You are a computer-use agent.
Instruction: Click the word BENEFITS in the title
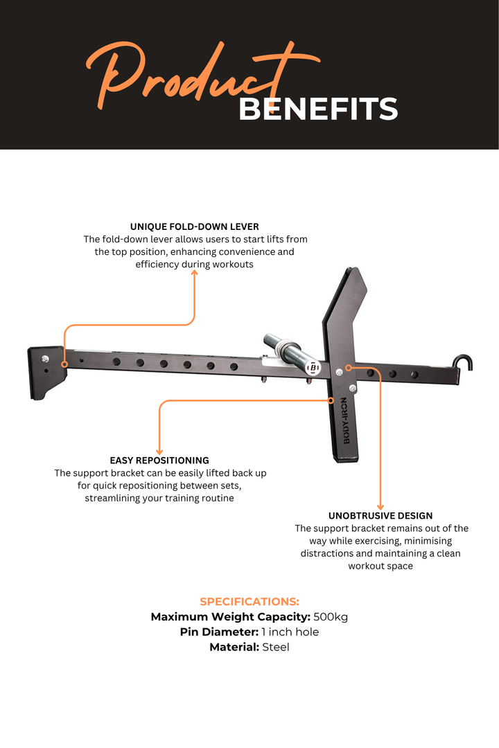point(318,109)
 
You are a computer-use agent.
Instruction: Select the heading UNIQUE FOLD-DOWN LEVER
point(194,226)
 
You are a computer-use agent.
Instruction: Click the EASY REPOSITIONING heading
point(159,461)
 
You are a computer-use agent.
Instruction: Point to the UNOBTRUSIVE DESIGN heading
point(380,516)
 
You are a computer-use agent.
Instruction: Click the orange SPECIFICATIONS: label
point(249,602)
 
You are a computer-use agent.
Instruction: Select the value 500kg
point(331,617)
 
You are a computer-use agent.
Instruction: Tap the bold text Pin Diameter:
point(219,632)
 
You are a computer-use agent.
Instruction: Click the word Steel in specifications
point(276,648)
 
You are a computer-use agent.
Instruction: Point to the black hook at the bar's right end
point(463,362)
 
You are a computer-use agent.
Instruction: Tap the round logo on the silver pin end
point(313,368)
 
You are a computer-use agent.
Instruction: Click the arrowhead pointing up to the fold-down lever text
point(194,273)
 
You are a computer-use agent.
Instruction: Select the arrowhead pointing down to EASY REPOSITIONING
point(159,451)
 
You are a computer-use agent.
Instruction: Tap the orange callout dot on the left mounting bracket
point(64,364)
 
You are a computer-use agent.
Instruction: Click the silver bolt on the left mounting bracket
point(45,359)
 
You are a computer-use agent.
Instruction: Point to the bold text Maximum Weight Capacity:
point(231,617)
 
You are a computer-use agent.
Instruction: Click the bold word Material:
point(234,648)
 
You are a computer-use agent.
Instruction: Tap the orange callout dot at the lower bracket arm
point(331,401)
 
